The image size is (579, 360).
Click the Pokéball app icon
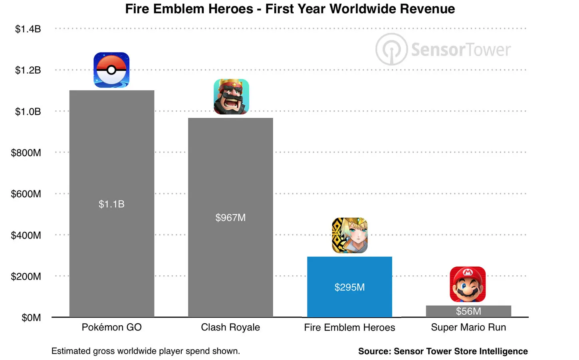111,70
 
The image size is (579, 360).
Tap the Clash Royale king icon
231,97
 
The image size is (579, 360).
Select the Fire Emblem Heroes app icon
349,235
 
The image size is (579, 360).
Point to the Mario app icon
468,284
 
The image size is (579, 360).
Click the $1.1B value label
112,204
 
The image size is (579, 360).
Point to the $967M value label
230,218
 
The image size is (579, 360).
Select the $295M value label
349,287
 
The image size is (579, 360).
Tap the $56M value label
468,311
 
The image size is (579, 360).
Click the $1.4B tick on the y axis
28,29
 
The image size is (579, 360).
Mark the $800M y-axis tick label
26,153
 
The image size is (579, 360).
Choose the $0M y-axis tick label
31,318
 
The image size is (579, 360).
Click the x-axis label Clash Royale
230,327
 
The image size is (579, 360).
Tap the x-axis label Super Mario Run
468,327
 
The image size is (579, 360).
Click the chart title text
290,9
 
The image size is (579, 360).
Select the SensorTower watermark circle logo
391,50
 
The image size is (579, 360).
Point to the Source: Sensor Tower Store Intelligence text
443,351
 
